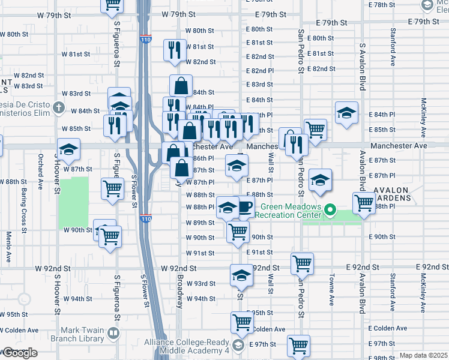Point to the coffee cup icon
[245, 208]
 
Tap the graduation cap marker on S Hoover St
[68, 150]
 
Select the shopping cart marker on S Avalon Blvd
[364, 203]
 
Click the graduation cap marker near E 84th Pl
[346, 113]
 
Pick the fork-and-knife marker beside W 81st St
[173, 50]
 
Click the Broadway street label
[179, 290]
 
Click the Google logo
[20, 353]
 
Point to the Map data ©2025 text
[423, 355]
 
